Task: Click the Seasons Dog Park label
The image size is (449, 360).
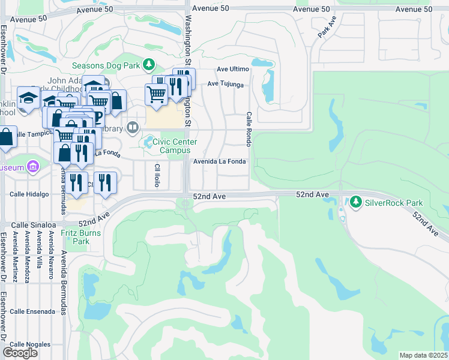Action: [x=106, y=65]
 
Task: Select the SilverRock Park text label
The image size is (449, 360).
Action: [x=394, y=202]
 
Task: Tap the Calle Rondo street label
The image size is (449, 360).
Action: [x=248, y=128]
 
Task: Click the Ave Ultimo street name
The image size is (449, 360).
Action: [x=232, y=69]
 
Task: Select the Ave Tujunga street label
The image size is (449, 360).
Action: [x=225, y=85]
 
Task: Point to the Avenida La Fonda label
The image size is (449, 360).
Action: [x=219, y=161]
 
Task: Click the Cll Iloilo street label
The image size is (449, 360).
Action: [x=157, y=175]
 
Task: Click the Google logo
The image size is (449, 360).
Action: [x=20, y=353]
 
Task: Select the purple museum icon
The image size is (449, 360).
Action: [x=32, y=166]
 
